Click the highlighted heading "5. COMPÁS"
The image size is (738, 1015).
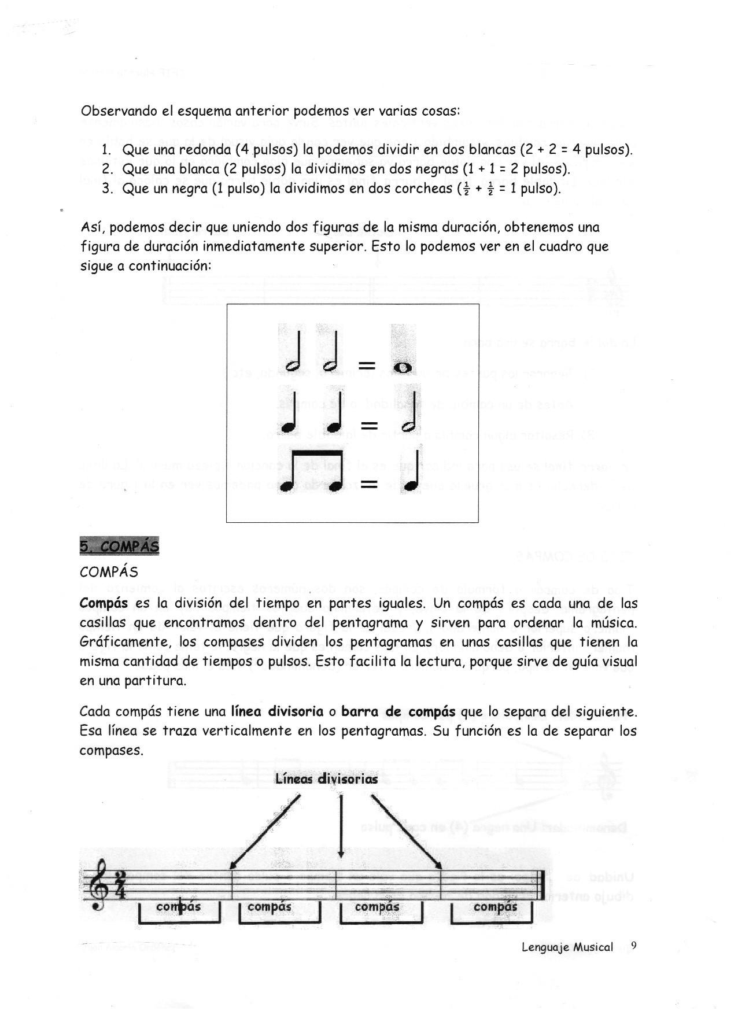tap(119, 546)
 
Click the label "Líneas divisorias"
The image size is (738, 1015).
tap(327, 779)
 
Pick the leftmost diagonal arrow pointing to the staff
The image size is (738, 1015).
tap(264, 833)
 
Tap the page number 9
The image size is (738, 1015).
tap(634, 946)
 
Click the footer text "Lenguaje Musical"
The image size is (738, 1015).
tap(567, 947)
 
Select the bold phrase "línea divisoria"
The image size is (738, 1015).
tap(277, 711)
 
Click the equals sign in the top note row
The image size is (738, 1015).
tap(367, 366)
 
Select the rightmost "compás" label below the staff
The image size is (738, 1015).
tap(495, 907)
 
